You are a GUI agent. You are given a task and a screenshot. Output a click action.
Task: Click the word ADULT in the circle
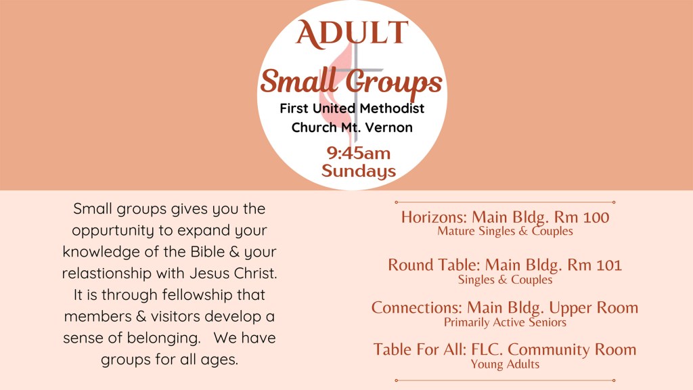pos(352,33)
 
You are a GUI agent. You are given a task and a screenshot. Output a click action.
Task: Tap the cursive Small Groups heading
pos(351,82)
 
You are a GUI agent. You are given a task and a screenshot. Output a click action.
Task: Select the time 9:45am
pos(359,153)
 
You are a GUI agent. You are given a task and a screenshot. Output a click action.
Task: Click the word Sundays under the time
pos(359,171)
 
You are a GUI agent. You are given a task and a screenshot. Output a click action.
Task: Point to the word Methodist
pos(392,108)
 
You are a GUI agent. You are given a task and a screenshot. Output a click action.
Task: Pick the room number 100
pos(596,217)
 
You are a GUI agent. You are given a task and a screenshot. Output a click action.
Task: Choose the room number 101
pos(609,265)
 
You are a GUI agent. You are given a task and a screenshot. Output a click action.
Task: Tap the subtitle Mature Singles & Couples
pos(505,232)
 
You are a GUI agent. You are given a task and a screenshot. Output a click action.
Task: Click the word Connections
pos(417,308)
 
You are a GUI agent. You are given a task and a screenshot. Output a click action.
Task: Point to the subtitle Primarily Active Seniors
pos(505,322)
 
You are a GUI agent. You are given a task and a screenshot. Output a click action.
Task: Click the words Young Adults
pos(505,364)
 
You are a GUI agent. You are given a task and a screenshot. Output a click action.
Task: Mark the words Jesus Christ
pos(233,274)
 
